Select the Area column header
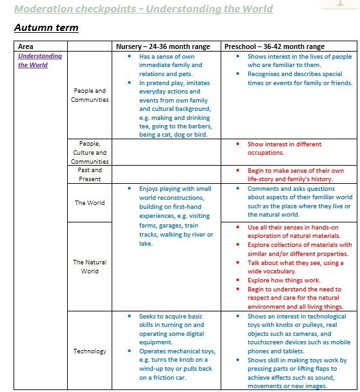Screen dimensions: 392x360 click(26, 46)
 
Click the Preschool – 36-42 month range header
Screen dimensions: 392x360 click(274, 46)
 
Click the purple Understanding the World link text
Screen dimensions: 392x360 click(40, 60)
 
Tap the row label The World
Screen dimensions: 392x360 click(90, 202)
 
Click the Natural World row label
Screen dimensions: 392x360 click(90, 266)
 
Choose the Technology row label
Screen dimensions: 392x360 click(90, 351)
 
